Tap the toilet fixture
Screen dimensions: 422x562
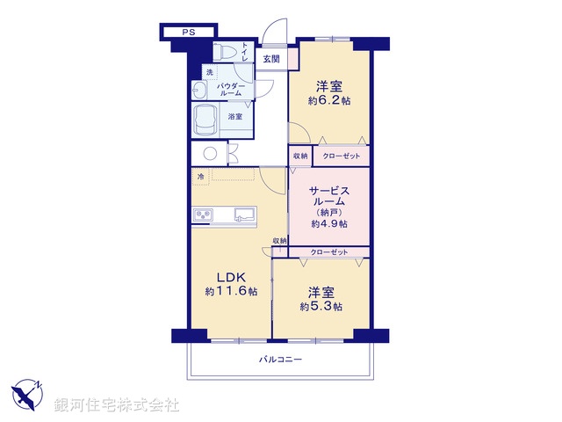pos(227,52)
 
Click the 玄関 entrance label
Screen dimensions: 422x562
pos(271,59)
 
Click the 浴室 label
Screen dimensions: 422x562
pos(235,116)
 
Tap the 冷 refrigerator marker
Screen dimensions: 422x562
pos(201,178)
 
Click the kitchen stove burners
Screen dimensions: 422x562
pos(203,215)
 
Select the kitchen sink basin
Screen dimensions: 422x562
pos(243,215)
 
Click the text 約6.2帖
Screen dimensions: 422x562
pos(329,101)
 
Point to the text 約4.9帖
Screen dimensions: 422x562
pos(328,223)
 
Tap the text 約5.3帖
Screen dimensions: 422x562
pos(321,306)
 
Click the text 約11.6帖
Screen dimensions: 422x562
pos(231,291)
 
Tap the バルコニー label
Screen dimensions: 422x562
pos(280,359)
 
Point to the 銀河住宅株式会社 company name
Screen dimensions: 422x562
pos(117,404)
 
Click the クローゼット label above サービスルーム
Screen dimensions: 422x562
pos(340,156)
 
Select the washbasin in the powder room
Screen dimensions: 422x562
pos(199,91)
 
